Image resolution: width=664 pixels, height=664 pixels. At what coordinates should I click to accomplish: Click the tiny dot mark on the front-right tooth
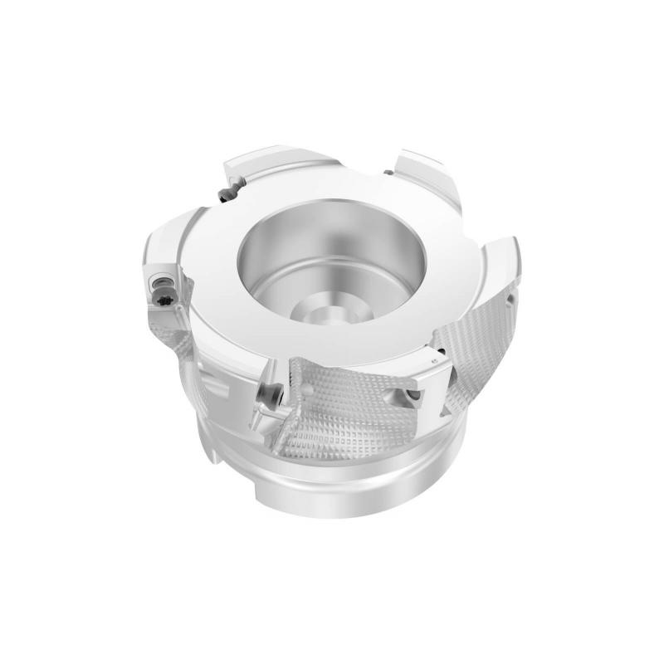click(x=435, y=363)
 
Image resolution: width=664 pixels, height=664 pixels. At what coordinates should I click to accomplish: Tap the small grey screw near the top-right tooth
click(x=387, y=173)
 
